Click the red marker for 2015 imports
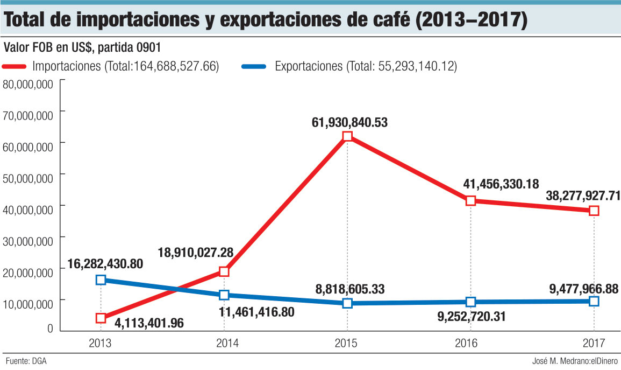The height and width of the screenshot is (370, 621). (347, 136)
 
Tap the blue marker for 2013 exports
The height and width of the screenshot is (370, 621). (101, 280)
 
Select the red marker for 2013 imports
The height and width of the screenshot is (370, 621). (101, 318)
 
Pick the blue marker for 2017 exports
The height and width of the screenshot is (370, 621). (594, 301)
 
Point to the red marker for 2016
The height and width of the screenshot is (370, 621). (470, 200)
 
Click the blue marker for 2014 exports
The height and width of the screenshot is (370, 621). (224, 295)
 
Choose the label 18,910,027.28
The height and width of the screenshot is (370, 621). (203, 252)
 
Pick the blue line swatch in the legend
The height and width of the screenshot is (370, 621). (254, 67)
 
